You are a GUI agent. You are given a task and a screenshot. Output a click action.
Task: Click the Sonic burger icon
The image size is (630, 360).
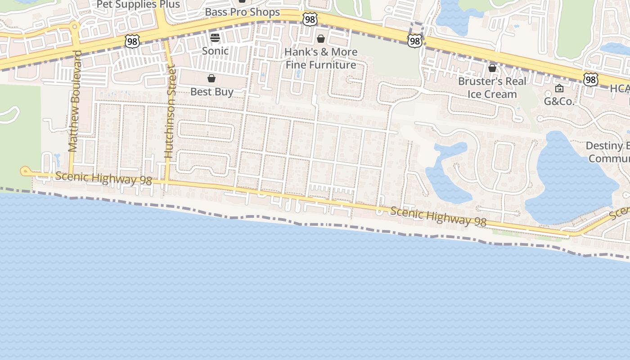[215, 37]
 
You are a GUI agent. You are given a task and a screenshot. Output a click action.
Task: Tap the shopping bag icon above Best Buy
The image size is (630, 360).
[211, 79]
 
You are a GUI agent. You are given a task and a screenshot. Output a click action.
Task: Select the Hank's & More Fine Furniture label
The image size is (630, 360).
[321, 58]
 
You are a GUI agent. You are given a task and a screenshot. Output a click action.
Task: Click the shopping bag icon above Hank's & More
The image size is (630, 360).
[321, 39]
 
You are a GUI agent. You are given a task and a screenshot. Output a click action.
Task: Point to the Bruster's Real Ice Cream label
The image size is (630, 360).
[492, 88]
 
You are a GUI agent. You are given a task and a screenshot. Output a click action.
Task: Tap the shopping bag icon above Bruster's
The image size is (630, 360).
[492, 68]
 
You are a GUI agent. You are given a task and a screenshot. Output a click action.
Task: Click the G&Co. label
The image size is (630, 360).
[559, 101]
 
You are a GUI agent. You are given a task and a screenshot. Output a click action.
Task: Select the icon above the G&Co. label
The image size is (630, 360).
[559, 88]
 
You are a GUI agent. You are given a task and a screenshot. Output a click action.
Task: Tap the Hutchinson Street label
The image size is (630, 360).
[169, 111]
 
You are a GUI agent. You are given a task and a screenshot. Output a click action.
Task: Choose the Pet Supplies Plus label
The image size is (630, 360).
[138, 5]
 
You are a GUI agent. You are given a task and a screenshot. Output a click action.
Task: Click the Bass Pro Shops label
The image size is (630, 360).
[242, 12]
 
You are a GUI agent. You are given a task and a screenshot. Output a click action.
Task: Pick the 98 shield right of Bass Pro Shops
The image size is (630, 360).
[310, 19]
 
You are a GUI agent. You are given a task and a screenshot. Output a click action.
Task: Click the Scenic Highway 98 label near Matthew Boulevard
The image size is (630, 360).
[103, 178]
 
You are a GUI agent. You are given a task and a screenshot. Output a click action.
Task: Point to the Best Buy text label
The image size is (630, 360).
[211, 92]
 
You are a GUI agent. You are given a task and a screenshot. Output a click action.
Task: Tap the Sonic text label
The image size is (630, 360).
[215, 51]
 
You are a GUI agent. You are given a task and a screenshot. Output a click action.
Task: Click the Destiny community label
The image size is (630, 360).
[607, 152]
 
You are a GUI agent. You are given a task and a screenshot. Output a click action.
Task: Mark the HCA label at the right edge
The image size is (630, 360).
[620, 89]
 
